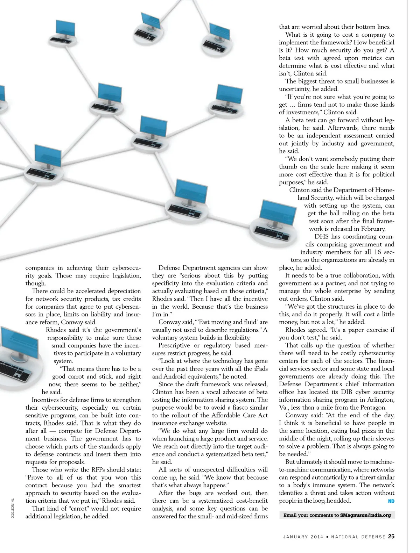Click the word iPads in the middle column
(x=259, y=369)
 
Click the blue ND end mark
(x=391, y=501)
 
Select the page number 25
(x=391, y=536)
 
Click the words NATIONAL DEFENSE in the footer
(x=358, y=537)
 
